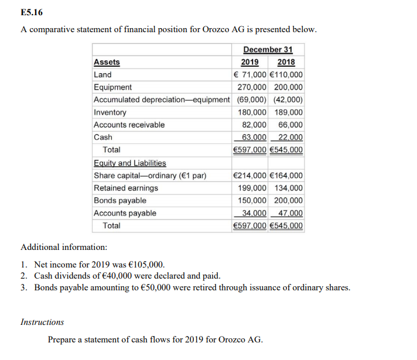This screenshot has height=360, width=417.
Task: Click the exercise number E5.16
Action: (31, 12)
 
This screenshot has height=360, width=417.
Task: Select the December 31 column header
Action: (268, 50)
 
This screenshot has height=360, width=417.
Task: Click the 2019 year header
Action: (250, 62)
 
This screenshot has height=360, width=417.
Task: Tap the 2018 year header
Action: (286, 62)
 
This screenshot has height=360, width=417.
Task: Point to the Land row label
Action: (102, 75)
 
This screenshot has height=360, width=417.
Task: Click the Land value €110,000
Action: (287, 75)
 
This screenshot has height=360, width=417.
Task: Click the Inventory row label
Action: (110, 112)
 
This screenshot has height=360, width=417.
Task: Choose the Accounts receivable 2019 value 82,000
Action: (254, 125)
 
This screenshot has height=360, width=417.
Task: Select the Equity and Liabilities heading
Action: (129, 163)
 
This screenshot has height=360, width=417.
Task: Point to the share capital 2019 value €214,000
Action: (250, 176)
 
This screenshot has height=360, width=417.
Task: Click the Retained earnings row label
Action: (126, 188)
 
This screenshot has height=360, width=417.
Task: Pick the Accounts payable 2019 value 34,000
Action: (254, 214)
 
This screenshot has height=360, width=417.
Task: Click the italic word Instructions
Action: (42, 322)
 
